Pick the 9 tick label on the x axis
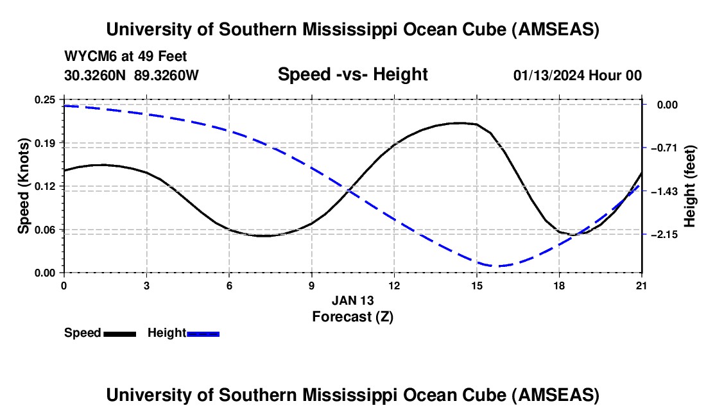point(311,286)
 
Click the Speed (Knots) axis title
point(24,186)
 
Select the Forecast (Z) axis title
point(352,316)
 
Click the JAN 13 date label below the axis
point(352,300)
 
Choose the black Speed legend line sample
point(119,333)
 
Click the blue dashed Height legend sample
point(203,333)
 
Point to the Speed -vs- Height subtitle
point(352,74)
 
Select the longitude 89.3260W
point(167,76)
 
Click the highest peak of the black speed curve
point(459,123)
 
